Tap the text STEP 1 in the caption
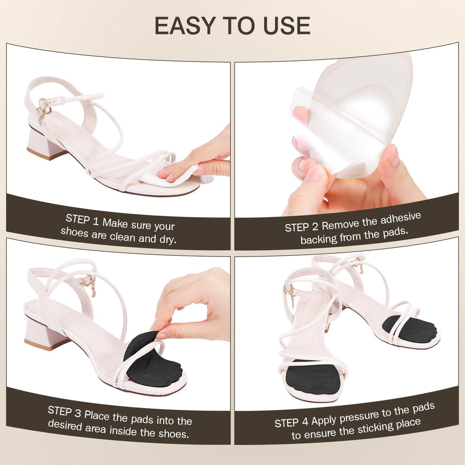[83, 219]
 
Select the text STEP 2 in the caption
[302, 227]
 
